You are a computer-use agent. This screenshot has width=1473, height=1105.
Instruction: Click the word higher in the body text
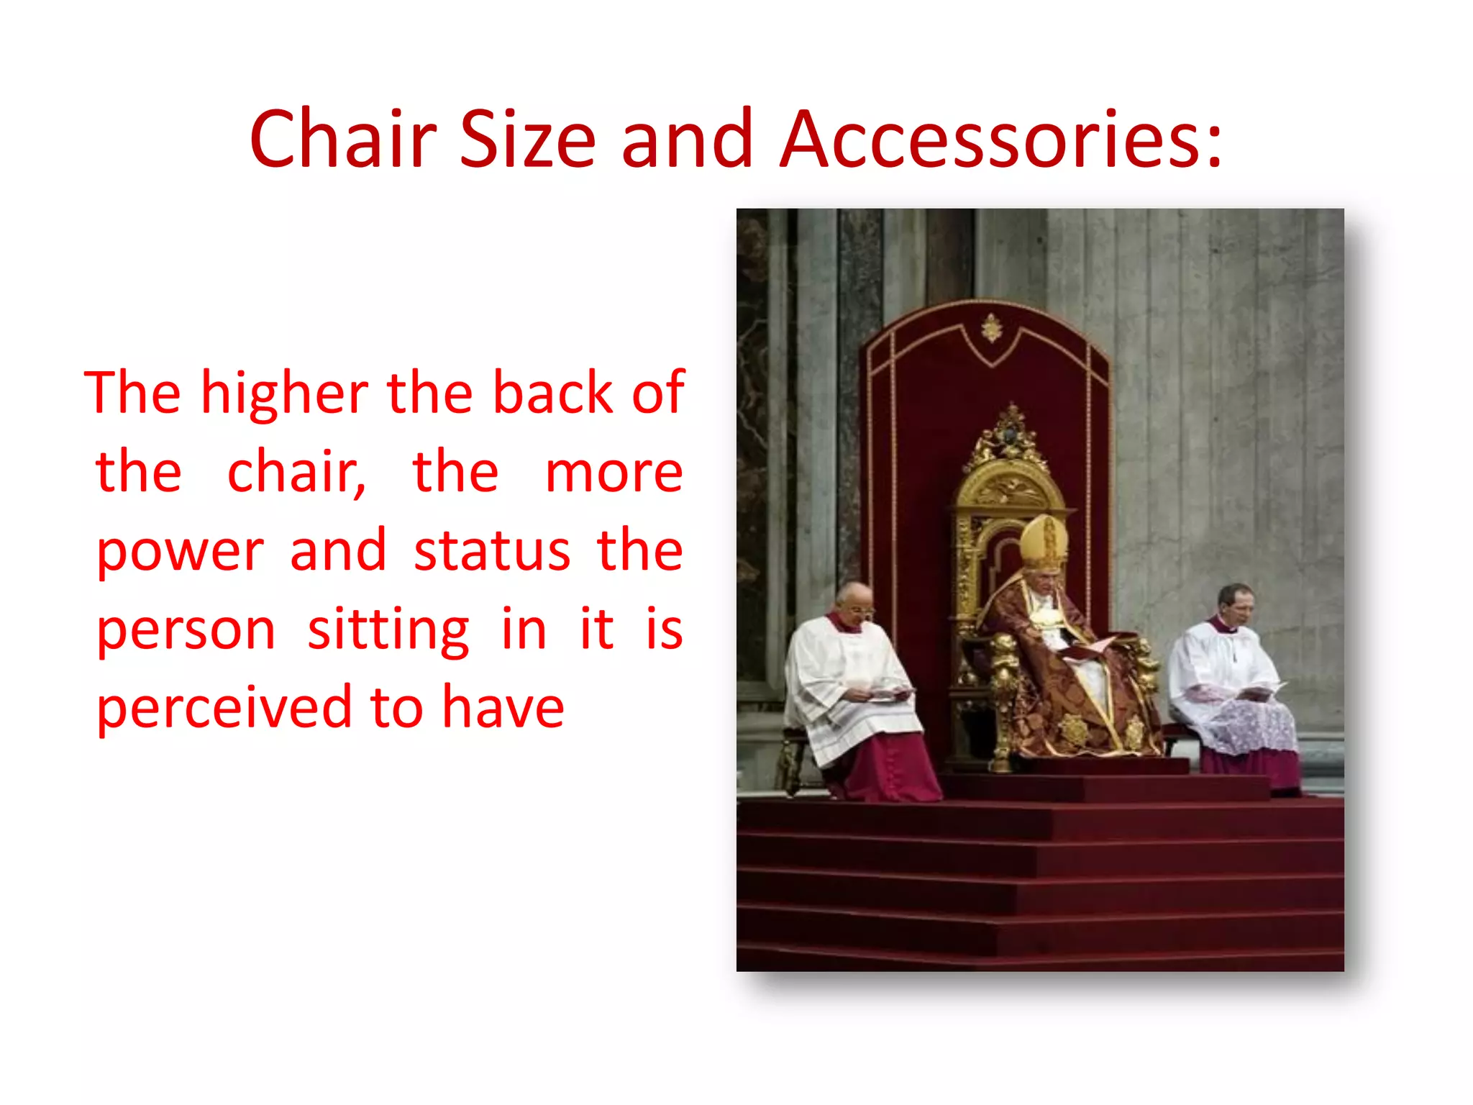pyautogui.click(x=284, y=394)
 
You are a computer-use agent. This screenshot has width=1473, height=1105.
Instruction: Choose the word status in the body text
pyautogui.click(x=492, y=550)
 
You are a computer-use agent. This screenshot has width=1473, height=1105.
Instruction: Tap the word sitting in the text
pyautogui.click(x=388, y=630)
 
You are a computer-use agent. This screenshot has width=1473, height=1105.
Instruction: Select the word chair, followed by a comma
pyautogui.click(x=296, y=473)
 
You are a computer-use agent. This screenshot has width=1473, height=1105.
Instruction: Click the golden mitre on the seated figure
pyautogui.click(x=1043, y=540)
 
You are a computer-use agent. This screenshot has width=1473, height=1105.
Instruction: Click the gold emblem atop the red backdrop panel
pyautogui.click(x=992, y=329)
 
